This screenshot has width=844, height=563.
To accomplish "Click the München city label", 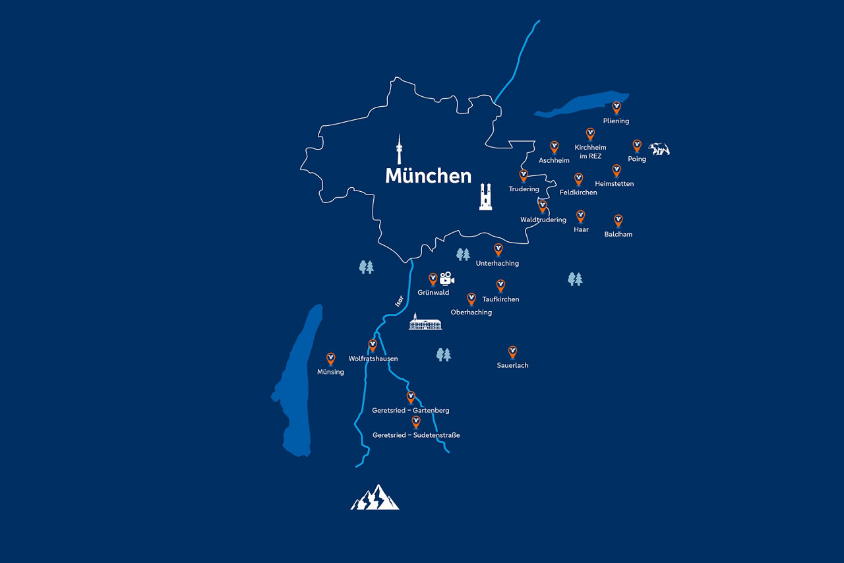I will pos(428,176).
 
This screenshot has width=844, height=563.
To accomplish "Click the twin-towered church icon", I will pos(485,196).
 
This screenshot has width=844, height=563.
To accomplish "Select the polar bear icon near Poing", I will pos(658,149).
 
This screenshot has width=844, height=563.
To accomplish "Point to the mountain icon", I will pos(375,498).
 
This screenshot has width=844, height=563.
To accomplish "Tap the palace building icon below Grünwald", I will pos(425,322).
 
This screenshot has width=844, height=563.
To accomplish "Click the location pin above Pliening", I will pos(617,107).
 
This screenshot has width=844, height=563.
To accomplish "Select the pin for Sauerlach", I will pos(512,351).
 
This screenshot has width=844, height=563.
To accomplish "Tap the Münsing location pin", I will pos(331,358).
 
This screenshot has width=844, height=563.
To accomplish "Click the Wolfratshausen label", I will pos(373,359).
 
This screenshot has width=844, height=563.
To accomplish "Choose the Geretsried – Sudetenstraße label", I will pos(416,435).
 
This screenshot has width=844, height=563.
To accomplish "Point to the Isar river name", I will pos(398,301).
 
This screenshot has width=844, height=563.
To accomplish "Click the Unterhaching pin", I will pos(498,249).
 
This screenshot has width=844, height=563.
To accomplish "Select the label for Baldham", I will pos(618,234).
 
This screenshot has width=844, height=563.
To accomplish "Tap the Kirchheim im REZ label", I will pos(590,152).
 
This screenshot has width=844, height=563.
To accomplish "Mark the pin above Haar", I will pos(580,216).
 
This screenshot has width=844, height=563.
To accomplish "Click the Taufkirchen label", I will pos(500,299).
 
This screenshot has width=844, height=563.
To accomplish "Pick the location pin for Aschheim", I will pos(554,146).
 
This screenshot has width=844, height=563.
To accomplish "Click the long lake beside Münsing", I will pos(300,382).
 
